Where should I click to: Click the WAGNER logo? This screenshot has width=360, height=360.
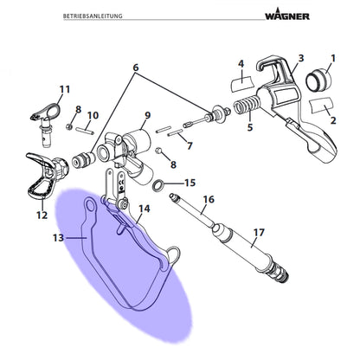coord(287,15)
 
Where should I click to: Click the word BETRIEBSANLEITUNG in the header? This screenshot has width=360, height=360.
coord(93,16)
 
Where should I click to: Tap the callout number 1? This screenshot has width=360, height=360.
coord(333,59)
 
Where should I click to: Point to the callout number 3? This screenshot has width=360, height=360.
coord(301,58)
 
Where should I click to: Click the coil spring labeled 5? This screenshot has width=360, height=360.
coord(247,105)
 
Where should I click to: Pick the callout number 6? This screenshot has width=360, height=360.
coord(136,67)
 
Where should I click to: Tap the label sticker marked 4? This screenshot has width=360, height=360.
coord(241,84)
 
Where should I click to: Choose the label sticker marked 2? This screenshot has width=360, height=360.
coord(321,106)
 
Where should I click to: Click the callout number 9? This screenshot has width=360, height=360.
coord(147,116)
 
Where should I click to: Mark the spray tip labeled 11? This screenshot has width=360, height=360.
coord(46,121)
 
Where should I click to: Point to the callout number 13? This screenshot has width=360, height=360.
coord(58,238)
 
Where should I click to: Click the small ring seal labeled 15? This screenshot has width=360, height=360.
coord(157,185)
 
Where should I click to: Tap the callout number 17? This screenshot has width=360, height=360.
coord(259,233)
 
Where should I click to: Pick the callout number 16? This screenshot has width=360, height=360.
coord(209,200)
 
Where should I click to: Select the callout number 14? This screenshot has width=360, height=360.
coord(145,209)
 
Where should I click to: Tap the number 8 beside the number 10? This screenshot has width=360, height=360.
coord(79,110)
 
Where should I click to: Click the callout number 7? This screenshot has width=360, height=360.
coord(190,146)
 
